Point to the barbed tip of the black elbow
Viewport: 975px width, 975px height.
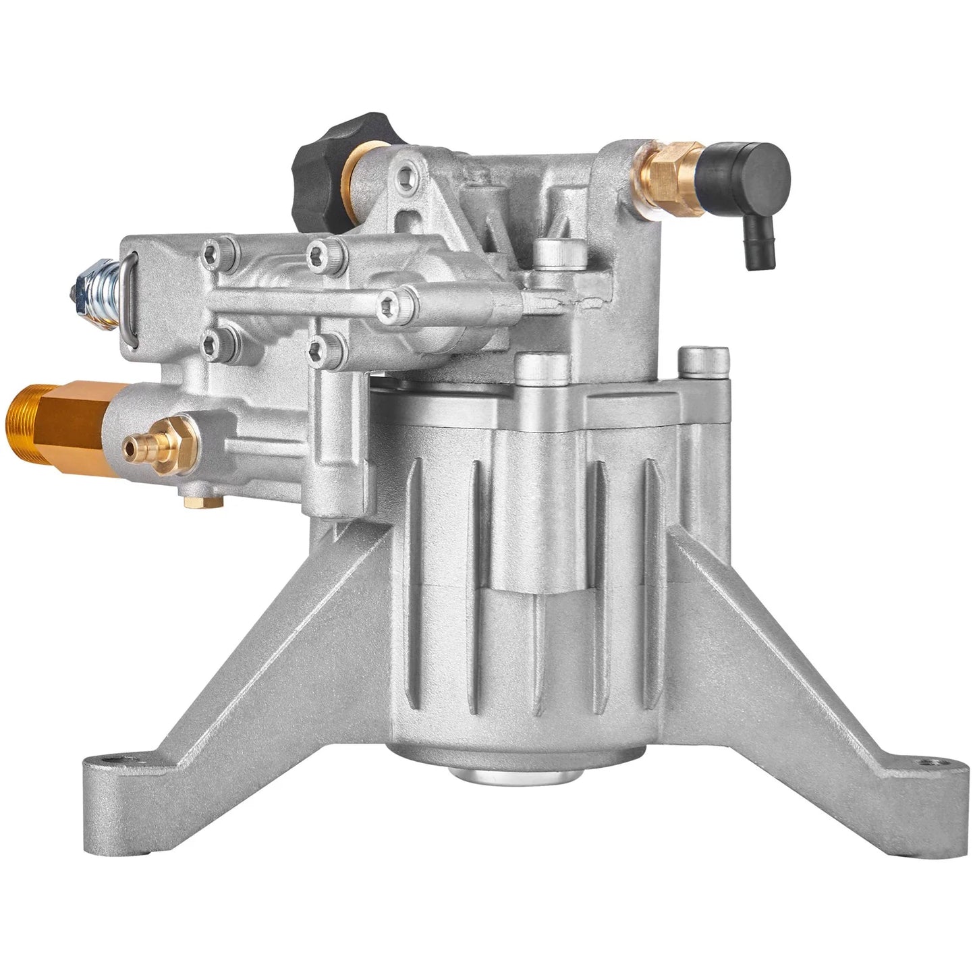(x=762, y=254)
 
